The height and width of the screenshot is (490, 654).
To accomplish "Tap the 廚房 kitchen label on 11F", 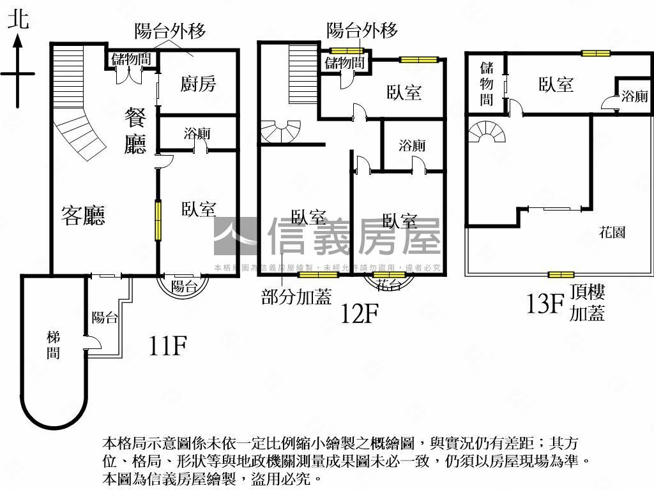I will [x=198, y=84].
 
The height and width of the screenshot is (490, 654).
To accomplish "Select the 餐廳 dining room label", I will [x=135, y=131].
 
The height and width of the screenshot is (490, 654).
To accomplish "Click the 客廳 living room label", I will [x=83, y=215].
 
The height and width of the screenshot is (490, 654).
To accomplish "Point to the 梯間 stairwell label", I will [x=54, y=344].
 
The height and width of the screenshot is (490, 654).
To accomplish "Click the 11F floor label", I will [x=167, y=346].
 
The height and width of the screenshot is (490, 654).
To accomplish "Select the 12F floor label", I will [x=360, y=313].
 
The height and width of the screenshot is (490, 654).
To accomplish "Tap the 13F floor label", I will [x=544, y=304].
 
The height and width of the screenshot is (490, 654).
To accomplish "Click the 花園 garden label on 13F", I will [x=612, y=232].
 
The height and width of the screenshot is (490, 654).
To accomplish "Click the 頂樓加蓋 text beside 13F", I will [x=587, y=303].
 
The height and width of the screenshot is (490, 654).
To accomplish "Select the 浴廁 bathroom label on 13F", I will [x=634, y=96].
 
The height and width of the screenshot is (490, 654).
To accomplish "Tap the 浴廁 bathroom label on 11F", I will [x=197, y=134].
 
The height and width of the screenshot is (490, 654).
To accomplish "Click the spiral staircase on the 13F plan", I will [x=487, y=132].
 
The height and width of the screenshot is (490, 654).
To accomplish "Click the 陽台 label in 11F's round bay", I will [x=184, y=286].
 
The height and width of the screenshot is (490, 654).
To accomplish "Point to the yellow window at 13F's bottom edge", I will [x=560, y=275].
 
